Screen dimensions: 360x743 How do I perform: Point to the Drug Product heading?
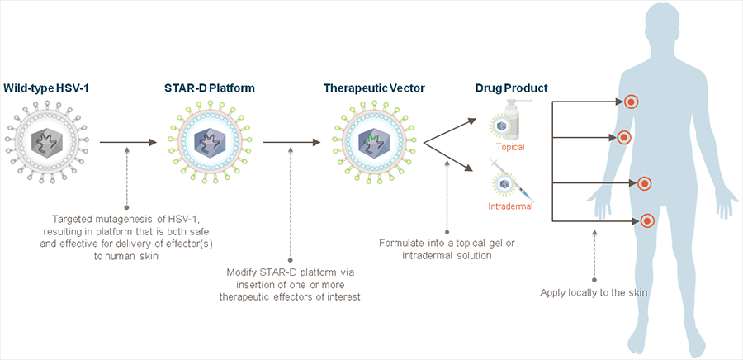click(511, 87)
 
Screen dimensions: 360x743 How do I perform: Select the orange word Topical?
click(510, 147)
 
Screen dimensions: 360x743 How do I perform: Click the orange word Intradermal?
click(509, 206)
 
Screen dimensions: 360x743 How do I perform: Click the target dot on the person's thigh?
click(647, 220)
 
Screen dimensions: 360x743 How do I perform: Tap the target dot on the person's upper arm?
click(624, 137)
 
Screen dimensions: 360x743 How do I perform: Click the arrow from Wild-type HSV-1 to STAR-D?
click(128, 143)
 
